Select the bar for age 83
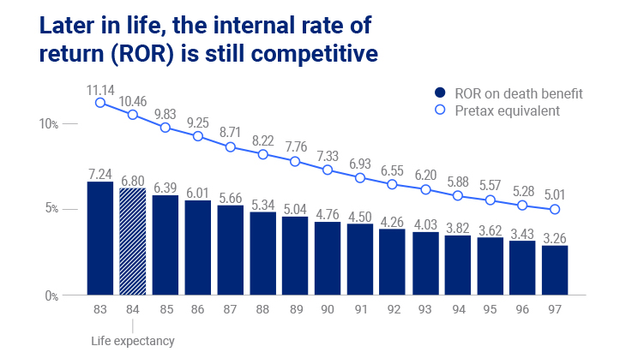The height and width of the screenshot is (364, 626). coord(100,238)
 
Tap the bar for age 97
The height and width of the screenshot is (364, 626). coord(556,270)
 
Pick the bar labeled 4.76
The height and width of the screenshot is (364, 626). coord(328,259)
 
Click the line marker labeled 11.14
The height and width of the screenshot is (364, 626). coord(100,103)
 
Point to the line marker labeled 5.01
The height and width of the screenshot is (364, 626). coord(556,209)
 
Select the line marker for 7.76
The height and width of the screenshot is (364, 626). coord(295,161)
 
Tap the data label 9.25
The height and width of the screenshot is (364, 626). coord(198,123)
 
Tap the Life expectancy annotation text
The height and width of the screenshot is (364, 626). coord(133,341)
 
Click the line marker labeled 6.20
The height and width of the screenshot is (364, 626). coord(425,189)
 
